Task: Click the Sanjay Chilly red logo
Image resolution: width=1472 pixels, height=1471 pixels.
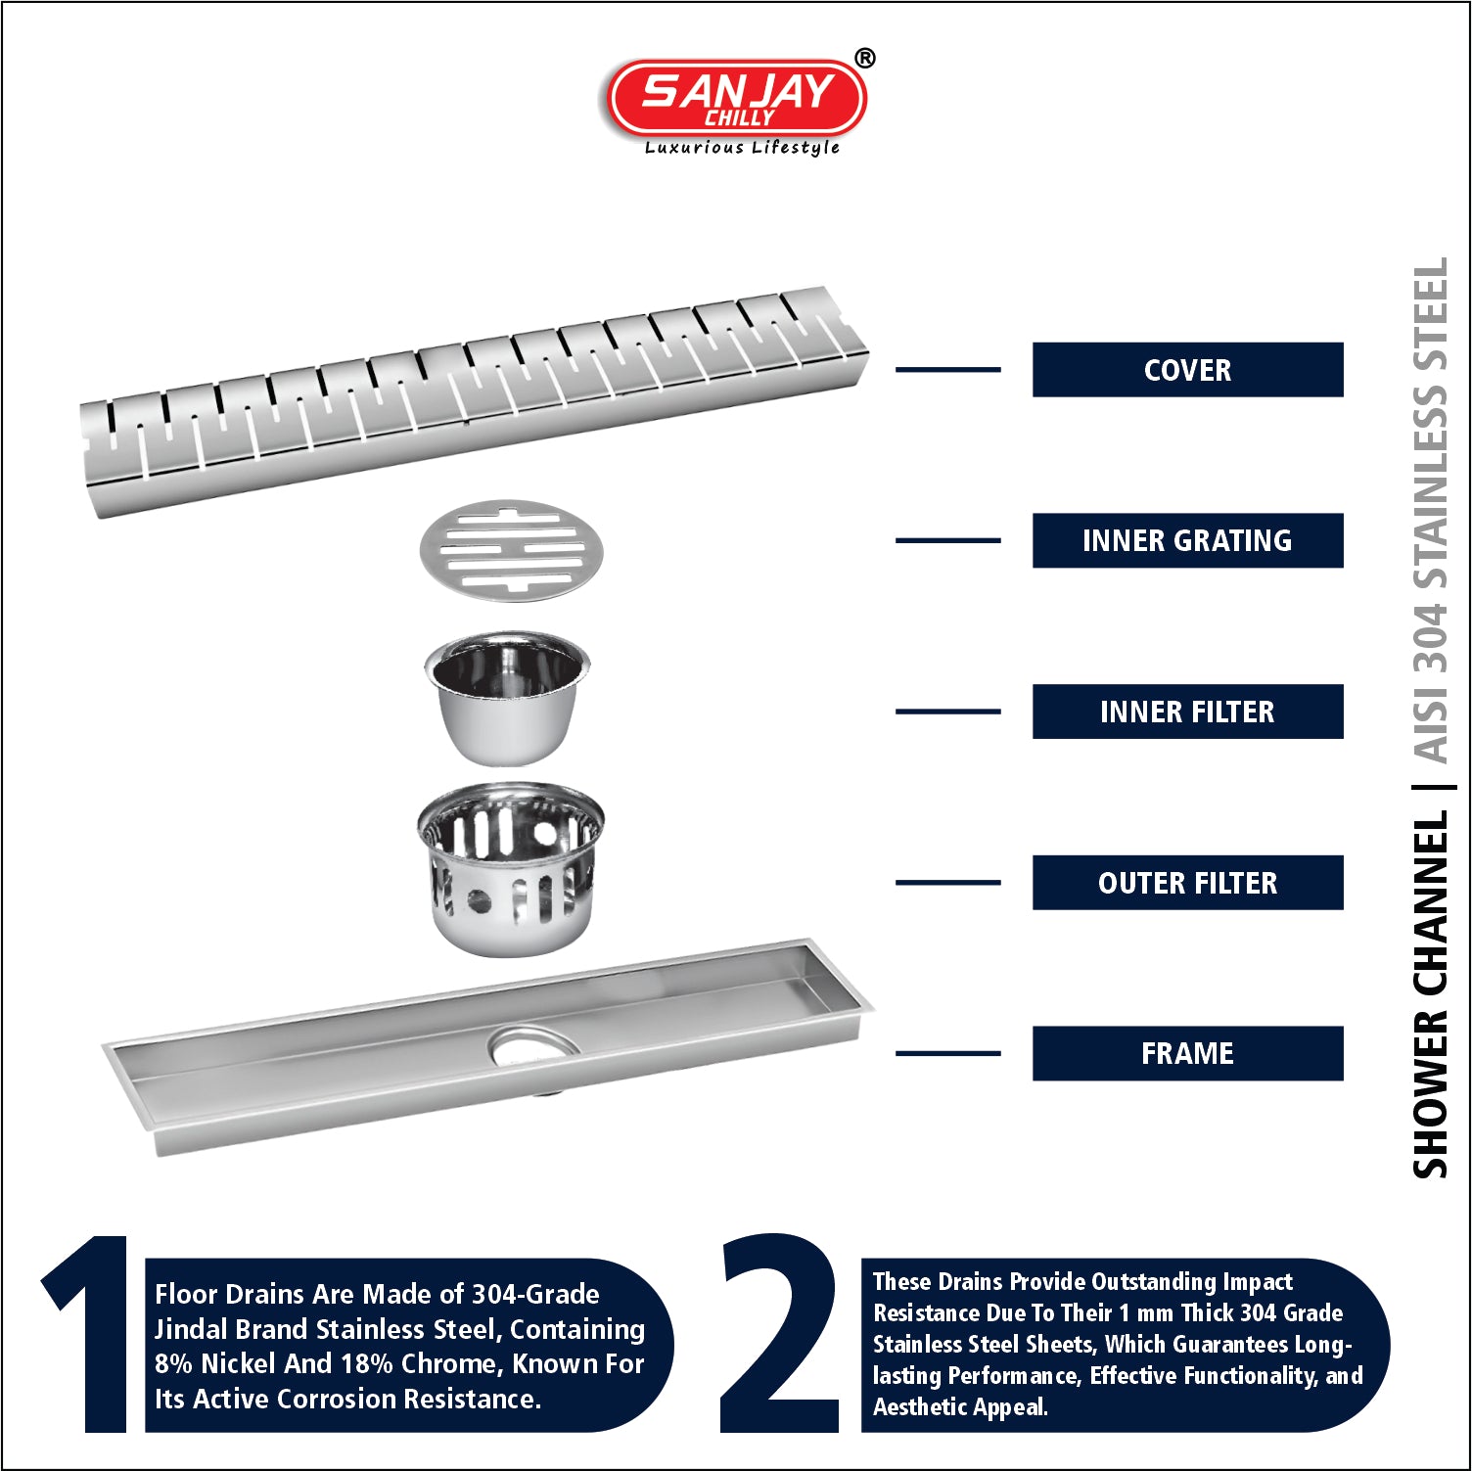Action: (x=737, y=97)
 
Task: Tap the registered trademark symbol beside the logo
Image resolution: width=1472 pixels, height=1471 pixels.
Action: (x=865, y=59)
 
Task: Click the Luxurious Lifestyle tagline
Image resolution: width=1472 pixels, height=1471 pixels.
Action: (x=742, y=148)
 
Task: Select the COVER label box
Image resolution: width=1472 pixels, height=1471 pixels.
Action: (x=1187, y=370)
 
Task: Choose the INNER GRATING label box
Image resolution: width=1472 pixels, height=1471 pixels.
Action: (x=1187, y=540)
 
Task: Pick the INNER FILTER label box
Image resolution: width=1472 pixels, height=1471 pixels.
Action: (x=1187, y=712)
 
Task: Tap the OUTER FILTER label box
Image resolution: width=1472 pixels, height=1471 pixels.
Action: (x=1187, y=883)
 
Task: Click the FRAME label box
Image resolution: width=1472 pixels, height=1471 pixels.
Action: (x=1187, y=1053)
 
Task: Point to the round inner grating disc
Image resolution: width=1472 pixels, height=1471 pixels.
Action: (x=512, y=550)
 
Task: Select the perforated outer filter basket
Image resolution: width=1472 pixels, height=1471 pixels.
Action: (x=510, y=868)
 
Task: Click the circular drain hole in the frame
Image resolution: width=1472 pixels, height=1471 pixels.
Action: (x=533, y=1045)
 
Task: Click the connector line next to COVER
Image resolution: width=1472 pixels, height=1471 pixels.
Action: (x=948, y=370)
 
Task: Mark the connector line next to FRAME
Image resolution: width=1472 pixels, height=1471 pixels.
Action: (x=948, y=1053)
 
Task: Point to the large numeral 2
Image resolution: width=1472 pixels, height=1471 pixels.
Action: (x=780, y=1333)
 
